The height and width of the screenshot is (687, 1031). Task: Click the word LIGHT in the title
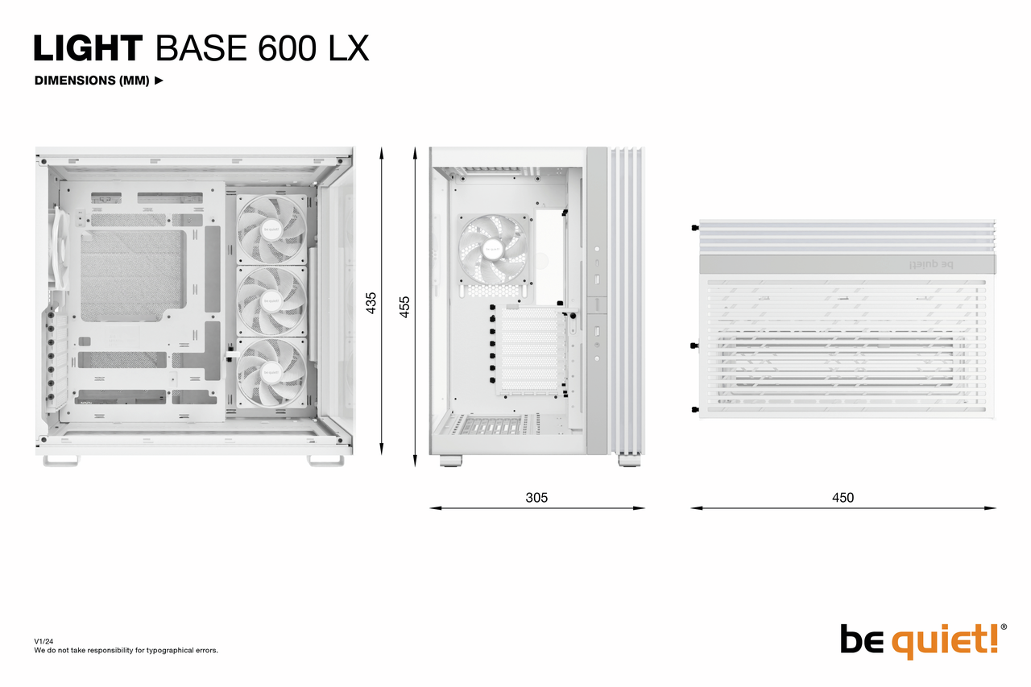(89, 48)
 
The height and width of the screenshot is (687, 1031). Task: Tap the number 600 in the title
(288, 48)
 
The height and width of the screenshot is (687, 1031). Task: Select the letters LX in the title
(349, 48)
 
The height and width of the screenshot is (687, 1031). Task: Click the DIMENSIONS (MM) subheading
(92, 81)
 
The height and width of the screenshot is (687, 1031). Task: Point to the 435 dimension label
(371, 303)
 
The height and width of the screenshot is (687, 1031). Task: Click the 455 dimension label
(404, 307)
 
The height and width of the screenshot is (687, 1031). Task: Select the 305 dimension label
(536, 498)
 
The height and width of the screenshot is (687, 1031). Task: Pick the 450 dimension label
(843, 498)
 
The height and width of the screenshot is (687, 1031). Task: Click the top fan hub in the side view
(271, 230)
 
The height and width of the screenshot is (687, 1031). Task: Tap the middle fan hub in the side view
(271, 301)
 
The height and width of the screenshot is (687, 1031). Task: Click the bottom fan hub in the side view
(271, 372)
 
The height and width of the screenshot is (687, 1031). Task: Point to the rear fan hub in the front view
(492, 249)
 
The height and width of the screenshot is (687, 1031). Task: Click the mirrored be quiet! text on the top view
(931, 264)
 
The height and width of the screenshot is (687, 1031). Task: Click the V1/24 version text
(43, 641)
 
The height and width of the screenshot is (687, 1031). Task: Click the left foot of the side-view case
(61, 460)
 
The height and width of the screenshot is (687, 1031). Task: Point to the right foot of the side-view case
(325, 460)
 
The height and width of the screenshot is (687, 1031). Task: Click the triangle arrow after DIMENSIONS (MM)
(159, 81)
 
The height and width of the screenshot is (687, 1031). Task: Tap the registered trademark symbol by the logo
(1004, 627)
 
